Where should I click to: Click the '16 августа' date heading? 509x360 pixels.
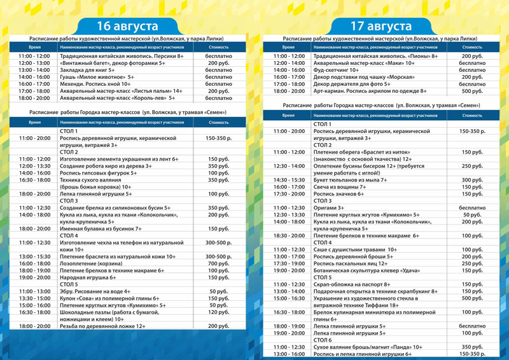[x=127, y=26]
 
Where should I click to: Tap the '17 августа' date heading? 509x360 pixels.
[x=381, y=26]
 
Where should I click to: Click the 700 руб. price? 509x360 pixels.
[x=218, y=263]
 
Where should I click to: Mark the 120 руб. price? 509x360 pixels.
[x=218, y=312]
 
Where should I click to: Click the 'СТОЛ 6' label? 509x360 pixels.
[x=323, y=340]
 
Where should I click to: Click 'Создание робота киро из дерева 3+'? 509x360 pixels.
[x=106, y=166]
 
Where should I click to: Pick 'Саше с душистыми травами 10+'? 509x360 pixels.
[x=354, y=249]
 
